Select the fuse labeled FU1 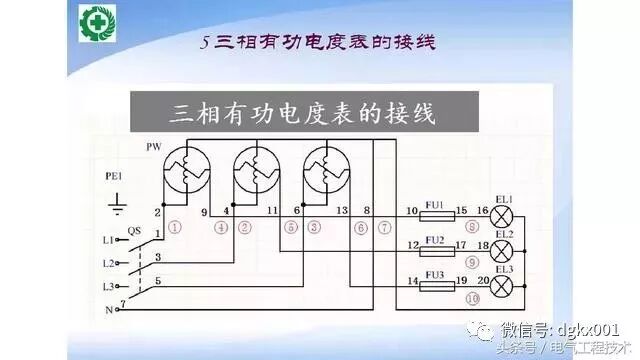click(434, 216)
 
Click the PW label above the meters click(153, 147)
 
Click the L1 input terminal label click(109, 241)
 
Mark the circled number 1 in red click(175, 227)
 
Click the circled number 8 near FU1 click(470, 228)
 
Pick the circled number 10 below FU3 click(471, 298)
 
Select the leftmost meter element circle click(185, 165)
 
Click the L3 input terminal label click(109, 287)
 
